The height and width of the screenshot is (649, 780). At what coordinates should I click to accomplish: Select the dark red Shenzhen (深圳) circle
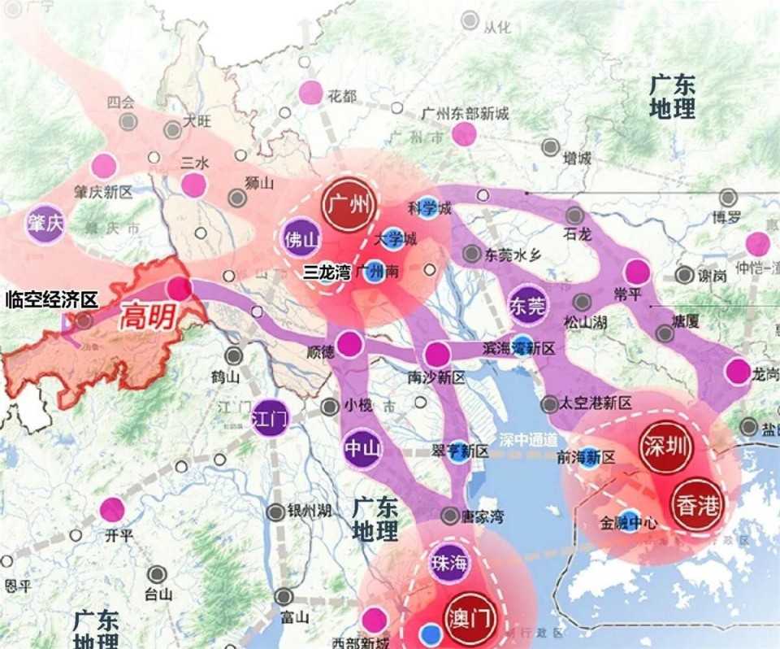tap(661, 447)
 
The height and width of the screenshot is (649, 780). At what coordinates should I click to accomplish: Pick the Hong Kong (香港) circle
tap(696, 506)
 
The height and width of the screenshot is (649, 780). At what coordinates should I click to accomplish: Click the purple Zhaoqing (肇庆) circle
tap(45, 223)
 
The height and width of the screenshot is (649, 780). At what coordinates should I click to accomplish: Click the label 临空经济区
tap(51, 299)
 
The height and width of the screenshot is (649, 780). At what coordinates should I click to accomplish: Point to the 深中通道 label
tap(528, 439)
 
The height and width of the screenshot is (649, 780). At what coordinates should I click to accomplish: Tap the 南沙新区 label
tap(436, 377)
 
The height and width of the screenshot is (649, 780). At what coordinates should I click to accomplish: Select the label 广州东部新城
tap(466, 113)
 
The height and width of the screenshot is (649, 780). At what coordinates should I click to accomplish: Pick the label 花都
tap(342, 97)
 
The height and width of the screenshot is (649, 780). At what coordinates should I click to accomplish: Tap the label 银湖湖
tap(309, 511)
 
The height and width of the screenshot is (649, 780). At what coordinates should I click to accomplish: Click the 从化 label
tap(496, 28)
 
